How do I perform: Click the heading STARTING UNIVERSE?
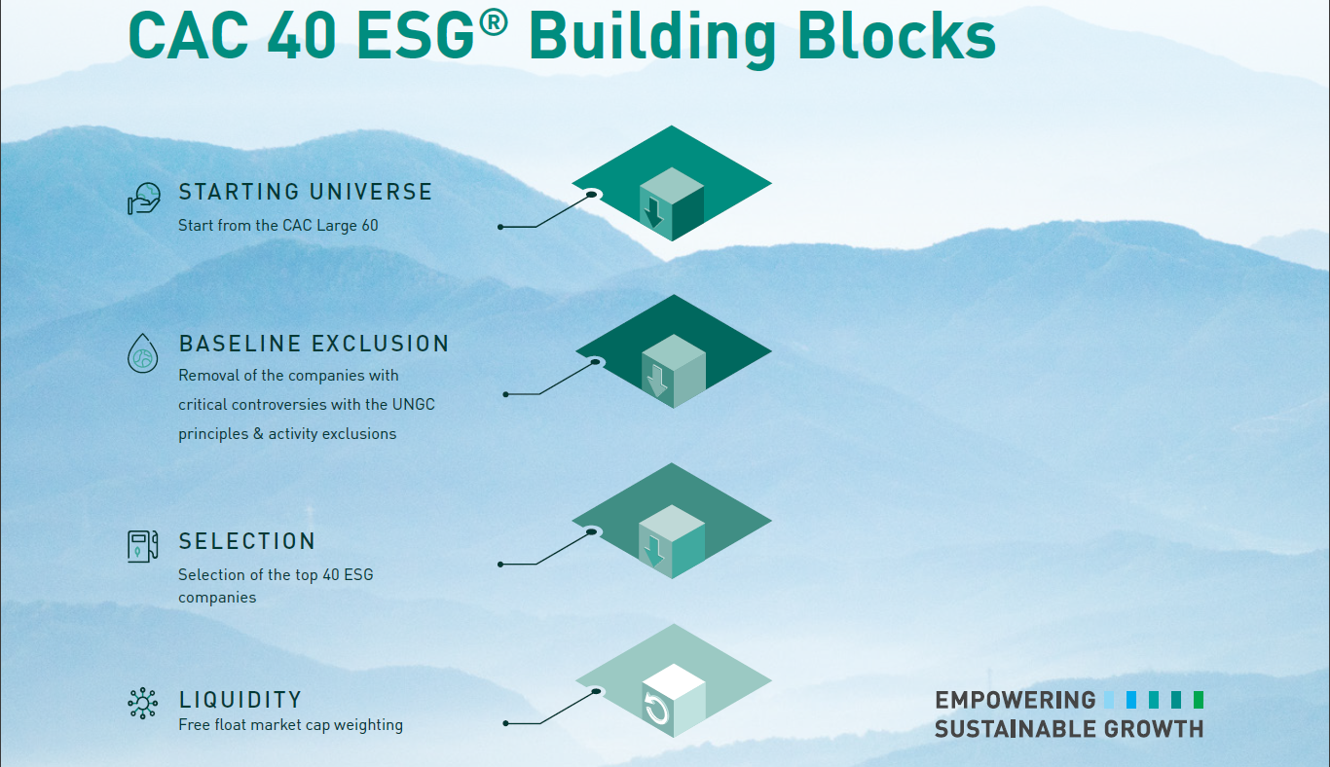tap(305, 192)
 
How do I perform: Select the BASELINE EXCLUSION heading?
tap(314, 344)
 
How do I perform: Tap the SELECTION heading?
tap(247, 541)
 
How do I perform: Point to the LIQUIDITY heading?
tap(240, 700)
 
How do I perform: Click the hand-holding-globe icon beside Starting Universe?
tap(143, 199)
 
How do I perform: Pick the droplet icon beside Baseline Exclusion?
tap(142, 352)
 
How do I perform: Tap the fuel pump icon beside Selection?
tap(142, 545)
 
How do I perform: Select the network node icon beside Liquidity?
tap(142, 703)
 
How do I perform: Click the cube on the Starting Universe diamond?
tap(671, 203)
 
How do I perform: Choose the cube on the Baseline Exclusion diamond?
tap(673, 371)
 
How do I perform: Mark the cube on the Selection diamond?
tap(671, 541)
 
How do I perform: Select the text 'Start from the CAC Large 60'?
tap(277, 226)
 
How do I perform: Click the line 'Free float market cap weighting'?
tap(290, 725)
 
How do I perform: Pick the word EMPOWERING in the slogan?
tap(1015, 700)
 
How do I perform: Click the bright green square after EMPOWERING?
tap(1199, 699)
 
